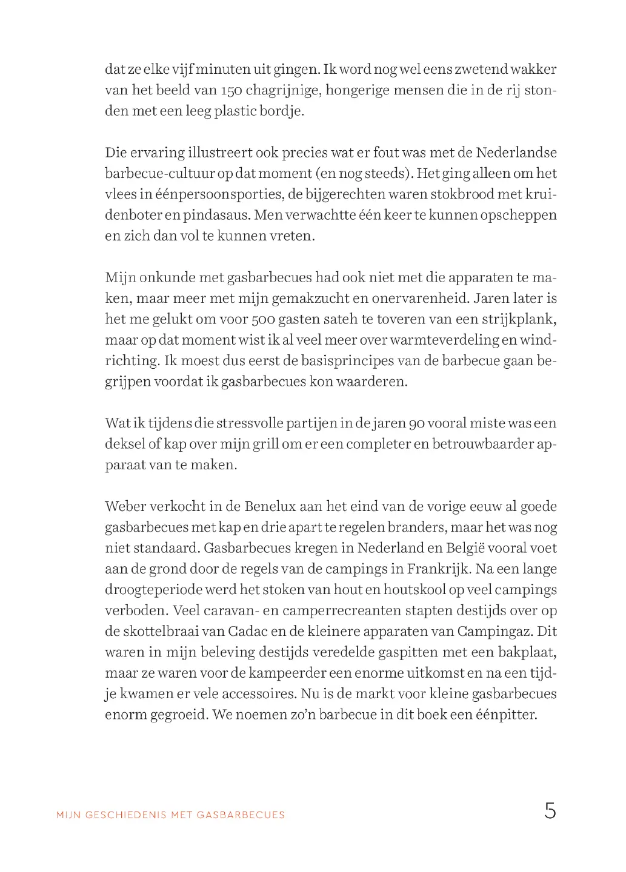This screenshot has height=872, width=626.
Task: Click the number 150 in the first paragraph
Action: coord(231,91)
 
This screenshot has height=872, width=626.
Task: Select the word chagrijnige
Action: coord(283,91)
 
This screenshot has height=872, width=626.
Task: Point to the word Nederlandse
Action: coord(516,153)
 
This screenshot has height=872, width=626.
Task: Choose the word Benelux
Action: coord(270,506)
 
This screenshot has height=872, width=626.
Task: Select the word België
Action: coord(464,548)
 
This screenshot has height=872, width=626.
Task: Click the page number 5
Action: coord(550,811)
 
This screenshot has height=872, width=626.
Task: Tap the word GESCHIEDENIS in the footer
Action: coord(126,815)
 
